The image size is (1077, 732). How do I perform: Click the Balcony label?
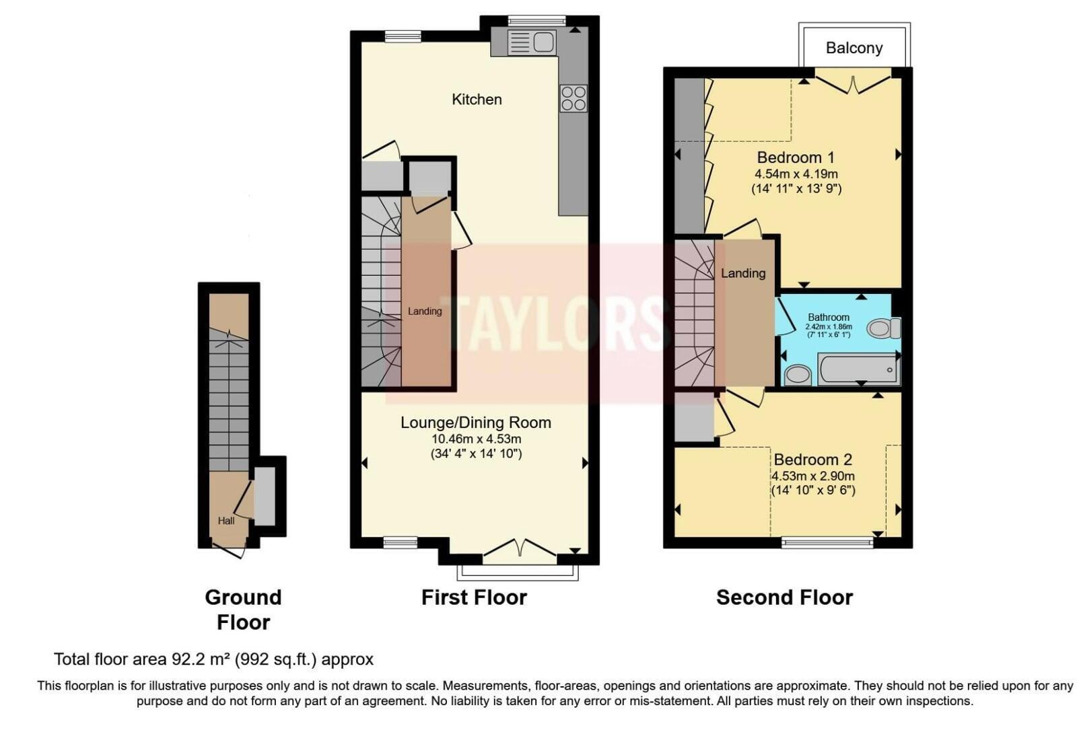[x=854, y=48]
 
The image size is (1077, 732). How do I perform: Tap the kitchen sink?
[x=531, y=42]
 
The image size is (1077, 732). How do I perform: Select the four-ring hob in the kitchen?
[x=573, y=98]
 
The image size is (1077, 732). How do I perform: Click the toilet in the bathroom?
[x=884, y=328]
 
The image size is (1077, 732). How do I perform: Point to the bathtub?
[x=858, y=369]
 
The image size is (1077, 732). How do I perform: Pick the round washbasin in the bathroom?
[x=798, y=375]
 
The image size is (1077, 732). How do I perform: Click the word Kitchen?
[x=477, y=100]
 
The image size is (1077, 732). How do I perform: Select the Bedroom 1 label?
[x=796, y=157]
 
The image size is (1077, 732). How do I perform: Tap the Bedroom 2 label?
[x=812, y=460]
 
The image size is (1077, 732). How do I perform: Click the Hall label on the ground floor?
[x=226, y=521]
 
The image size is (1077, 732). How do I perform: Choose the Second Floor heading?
[x=784, y=597]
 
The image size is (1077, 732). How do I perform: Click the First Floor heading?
[x=474, y=597]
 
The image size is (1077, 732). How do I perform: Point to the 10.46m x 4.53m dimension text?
[x=476, y=439]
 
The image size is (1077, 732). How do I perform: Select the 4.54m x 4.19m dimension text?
[x=796, y=174]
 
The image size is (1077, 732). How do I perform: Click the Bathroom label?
[x=829, y=317]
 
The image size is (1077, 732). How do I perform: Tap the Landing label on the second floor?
[x=743, y=273]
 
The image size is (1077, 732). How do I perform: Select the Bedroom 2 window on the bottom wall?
[x=827, y=543]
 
